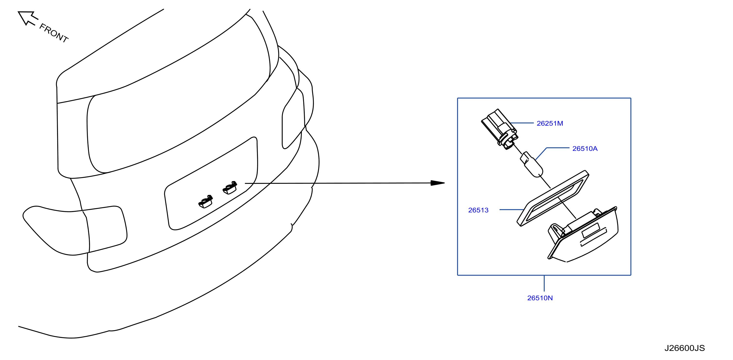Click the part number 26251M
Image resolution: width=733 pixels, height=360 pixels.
tap(550, 123)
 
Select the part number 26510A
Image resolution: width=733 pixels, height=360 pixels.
tap(585, 148)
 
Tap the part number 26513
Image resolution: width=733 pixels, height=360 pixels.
tap(478, 210)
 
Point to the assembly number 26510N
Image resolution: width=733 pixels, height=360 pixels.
tap(540, 298)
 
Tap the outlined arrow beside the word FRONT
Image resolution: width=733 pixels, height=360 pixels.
tap(27, 18)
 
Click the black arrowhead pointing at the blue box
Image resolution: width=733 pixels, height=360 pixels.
tap(437, 183)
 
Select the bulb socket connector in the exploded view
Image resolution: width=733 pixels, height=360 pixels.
tap(499, 129)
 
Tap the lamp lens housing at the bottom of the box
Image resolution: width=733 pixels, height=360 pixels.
tap(583, 235)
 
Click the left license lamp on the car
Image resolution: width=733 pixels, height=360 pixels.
tap(206, 202)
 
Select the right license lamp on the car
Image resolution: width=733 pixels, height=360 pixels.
tap(230, 188)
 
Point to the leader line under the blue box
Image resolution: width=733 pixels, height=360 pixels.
tap(544, 283)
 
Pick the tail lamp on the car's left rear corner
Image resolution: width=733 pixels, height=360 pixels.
tap(75, 230)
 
